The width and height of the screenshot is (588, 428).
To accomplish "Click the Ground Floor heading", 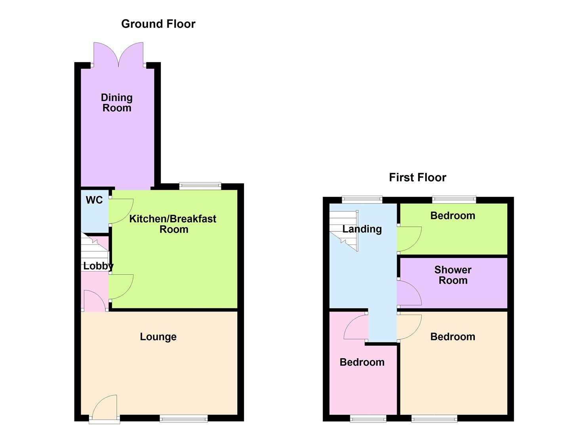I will coord(158,24).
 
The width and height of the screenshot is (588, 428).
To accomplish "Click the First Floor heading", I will coord(417,178).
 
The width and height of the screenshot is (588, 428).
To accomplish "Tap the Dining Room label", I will coord(117,103).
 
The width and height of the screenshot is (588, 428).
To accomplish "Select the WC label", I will coord(94,200).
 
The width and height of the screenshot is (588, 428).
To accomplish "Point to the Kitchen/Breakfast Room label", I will coord(173,224).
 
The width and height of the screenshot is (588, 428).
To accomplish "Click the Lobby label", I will coord(98,266).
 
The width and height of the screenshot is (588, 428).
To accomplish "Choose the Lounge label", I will coord(158,337).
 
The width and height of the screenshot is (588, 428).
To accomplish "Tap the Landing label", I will coord(362,229).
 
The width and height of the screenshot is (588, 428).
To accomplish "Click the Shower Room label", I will coord(453,275).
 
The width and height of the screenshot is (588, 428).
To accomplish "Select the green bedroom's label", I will coord(453,216).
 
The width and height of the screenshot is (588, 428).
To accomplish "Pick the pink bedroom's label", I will coord(362,362).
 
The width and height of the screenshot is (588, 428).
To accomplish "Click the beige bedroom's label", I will coord(453,337).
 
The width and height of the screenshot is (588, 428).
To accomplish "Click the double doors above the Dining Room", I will coord(118,55).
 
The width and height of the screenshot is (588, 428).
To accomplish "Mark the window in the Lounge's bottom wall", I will coord(184,418).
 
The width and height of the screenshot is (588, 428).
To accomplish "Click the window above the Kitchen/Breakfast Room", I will coord(200,185).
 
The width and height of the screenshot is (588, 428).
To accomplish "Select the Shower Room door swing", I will coord(409,293).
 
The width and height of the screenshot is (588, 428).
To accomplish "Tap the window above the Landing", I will coord(362,199).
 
